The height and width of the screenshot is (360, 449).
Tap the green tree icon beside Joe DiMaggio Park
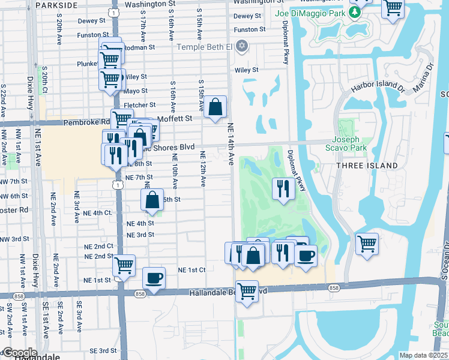click(355, 11)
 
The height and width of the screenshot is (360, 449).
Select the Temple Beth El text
click(203, 47)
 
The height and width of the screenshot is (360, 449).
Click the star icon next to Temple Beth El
click(242, 46)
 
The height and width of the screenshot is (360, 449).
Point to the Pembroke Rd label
click(83, 122)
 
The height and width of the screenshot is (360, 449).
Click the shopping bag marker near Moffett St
click(215, 108)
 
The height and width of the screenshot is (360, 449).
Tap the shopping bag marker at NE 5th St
click(153, 200)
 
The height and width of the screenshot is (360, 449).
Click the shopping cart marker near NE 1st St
click(124, 265)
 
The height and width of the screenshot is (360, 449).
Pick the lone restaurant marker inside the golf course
click(282, 188)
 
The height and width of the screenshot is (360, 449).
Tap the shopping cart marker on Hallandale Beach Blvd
click(247, 292)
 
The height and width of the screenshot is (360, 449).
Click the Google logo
click(19, 353)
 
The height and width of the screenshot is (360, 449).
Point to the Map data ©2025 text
click(424, 355)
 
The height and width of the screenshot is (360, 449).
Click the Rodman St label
click(141, 47)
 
